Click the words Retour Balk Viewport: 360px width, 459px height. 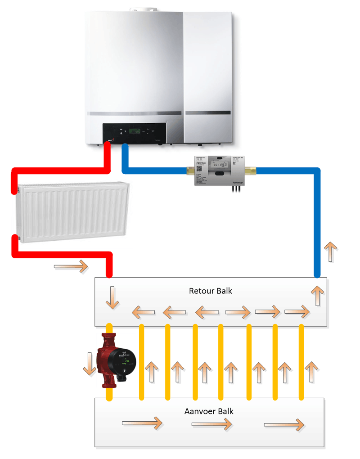(210, 291)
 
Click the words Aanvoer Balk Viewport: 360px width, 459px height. (209, 411)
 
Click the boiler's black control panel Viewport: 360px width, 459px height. (135, 133)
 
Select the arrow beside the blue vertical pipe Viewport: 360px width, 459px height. (331, 252)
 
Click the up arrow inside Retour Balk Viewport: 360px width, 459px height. (317, 296)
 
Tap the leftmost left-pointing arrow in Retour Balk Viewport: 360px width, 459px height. (143, 311)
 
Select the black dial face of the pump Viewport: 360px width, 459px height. (121, 360)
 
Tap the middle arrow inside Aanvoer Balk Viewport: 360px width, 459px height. (212, 424)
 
